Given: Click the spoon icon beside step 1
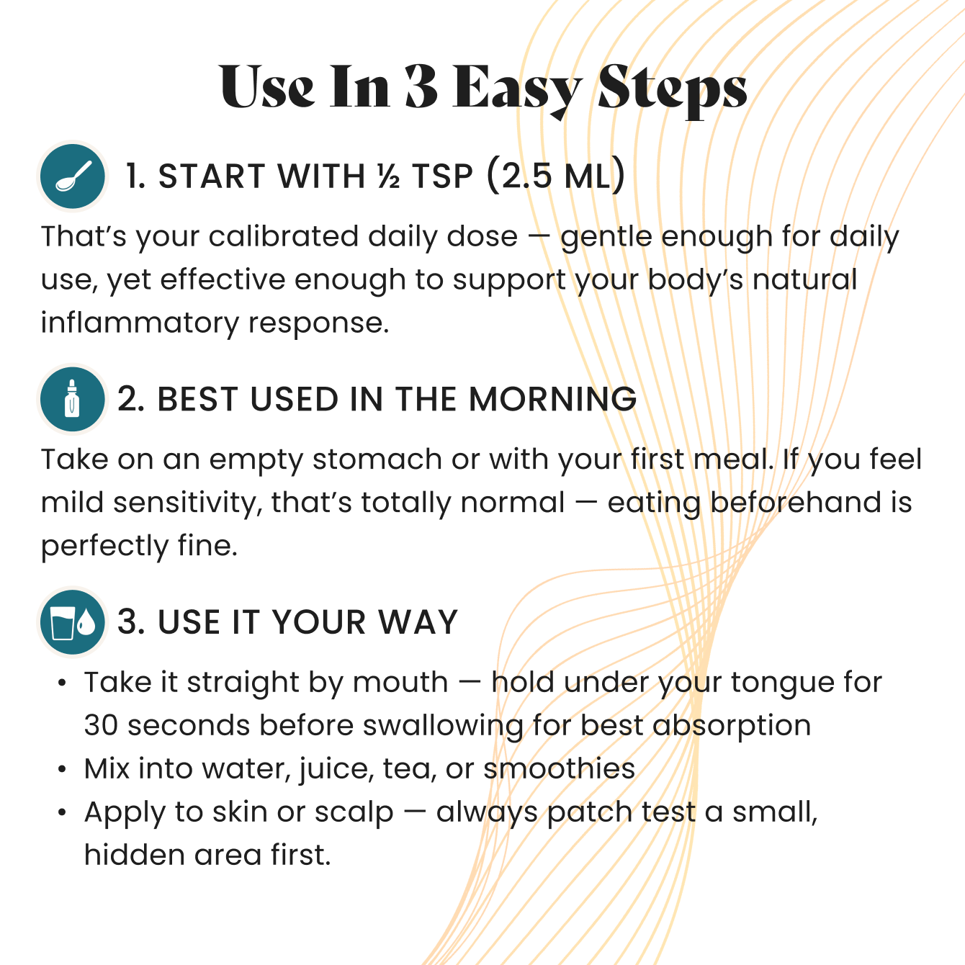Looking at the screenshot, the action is [x=73, y=176].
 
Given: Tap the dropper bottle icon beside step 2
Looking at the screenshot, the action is [x=73, y=399].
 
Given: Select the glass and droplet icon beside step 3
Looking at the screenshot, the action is [x=73, y=622].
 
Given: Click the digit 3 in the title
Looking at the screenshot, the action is [x=421, y=86].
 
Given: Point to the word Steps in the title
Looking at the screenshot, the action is [x=672, y=91].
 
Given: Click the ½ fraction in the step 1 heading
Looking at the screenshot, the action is [x=389, y=176].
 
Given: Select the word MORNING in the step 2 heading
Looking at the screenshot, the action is [x=552, y=399].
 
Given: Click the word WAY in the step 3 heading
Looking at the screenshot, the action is [x=418, y=622].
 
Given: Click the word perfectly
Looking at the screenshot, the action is [x=104, y=546].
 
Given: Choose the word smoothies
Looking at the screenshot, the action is [x=559, y=768].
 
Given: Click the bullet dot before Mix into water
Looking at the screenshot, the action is [x=62, y=768].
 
